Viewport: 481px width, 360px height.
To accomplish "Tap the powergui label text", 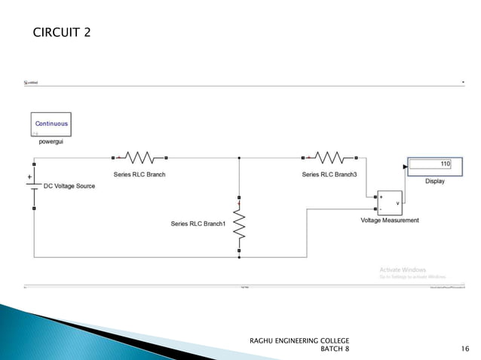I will [51, 141].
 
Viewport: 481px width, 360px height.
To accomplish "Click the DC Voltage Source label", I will [69, 186].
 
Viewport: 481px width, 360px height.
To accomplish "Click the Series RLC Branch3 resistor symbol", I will [329, 158].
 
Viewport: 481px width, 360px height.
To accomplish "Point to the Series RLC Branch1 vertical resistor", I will [239, 224].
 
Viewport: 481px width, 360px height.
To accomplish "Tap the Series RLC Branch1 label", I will [198, 224].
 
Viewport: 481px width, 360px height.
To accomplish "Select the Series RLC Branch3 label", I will [329, 174].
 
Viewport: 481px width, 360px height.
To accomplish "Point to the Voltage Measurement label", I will [390, 220].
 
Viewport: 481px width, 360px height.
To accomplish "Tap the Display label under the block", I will [435, 182].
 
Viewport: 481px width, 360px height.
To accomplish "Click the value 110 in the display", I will [445, 163].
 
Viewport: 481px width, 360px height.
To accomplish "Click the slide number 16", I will [464, 349].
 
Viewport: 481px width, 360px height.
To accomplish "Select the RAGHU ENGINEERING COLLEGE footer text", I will [299, 341].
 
